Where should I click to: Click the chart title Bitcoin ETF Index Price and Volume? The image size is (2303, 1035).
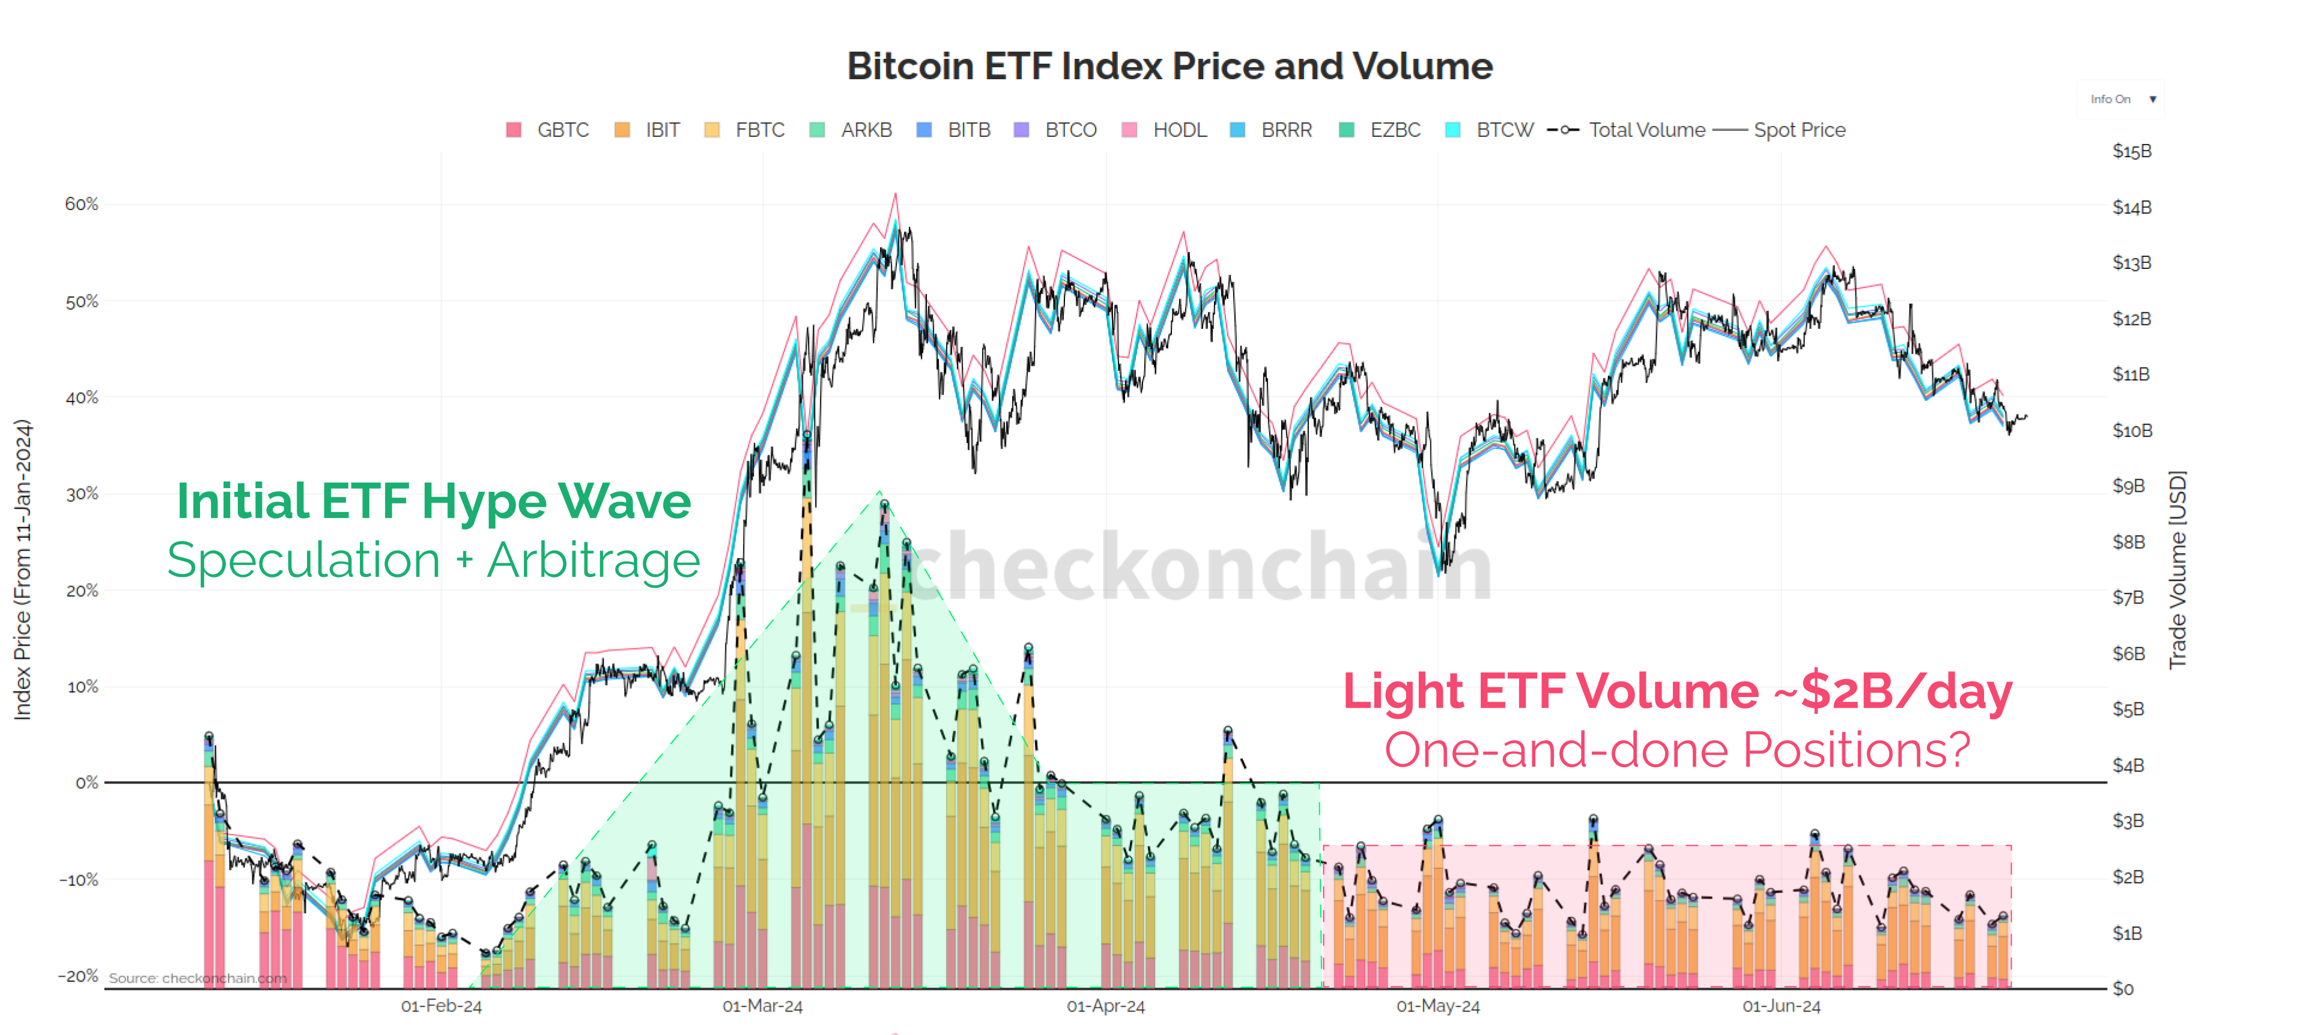pyautogui.click(x=1170, y=66)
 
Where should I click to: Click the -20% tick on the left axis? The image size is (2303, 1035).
pyautogui.click(x=79, y=976)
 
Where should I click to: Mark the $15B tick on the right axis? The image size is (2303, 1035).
pyautogui.click(x=2131, y=151)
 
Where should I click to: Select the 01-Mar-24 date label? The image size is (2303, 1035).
pyautogui.click(x=763, y=1006)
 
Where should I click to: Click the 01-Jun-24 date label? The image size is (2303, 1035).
pyautogui.click(x=1781, y=1006)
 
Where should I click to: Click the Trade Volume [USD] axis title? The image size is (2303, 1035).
pyautogui.click(x=2178, y=569)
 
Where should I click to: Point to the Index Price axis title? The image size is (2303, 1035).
pyautogui.click(x=22, y=569)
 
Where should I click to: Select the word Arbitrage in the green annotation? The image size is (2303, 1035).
pyautogui.click(x=593, y=561)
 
